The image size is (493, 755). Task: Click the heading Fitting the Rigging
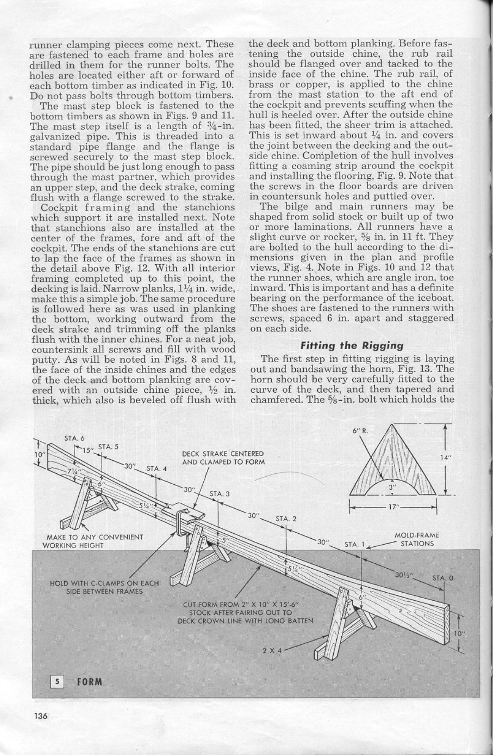pyautogui.click(x=352, y=346)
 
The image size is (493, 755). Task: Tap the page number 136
pyautogui.click(x=40, y=716)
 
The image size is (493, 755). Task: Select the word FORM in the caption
pyautogui.click(x=90, y=682)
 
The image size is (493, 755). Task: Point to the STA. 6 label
pyautogui.click(x=74, y=438)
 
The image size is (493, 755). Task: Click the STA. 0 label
pyautogui.click(x=442, y=578)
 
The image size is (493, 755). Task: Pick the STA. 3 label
pyautogui.click(x=220, y=494)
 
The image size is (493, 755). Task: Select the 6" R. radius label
pyautogui.click(x=360, y=430)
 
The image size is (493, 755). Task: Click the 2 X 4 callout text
pyautogui.click(x=272, y=650)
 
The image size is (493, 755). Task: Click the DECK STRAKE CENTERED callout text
pyautogui.click(x=223, y=458)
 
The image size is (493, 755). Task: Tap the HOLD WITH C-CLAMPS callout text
pyautogui.click(x=104, y=587)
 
